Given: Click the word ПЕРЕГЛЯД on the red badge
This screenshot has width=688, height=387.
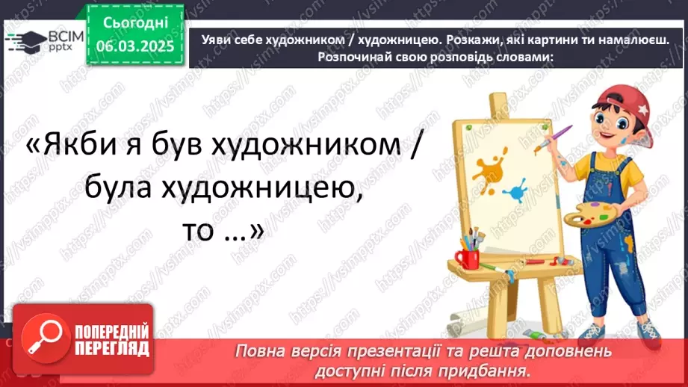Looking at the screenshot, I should [x=110, y=348].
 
